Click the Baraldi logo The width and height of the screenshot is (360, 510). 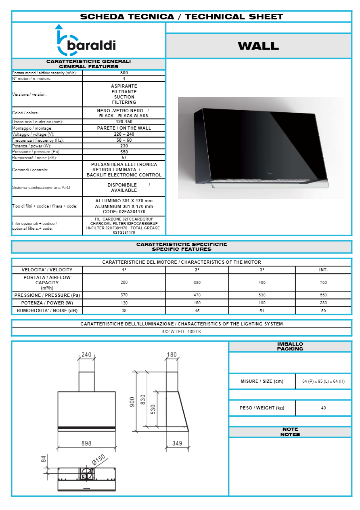tap(86, 40)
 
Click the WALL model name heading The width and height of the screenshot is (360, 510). tap(258, 46)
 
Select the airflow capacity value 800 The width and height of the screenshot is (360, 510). tap(124, 73)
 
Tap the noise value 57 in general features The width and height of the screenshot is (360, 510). tap(124, 158)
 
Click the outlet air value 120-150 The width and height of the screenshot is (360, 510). tap(124, 122)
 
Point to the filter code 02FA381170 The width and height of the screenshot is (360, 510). tap(124, 212)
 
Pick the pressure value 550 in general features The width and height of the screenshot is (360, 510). tap(124, 152)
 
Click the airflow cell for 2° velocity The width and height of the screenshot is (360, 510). tap(197, 283)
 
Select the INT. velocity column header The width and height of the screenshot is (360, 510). tap(323, 270)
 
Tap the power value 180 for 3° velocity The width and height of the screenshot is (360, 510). tap(262, 303)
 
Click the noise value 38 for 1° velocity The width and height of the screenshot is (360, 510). tap(124, 311)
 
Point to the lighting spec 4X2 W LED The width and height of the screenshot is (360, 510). tap(181, 332)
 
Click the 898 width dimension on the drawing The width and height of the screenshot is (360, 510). tap(86, 443)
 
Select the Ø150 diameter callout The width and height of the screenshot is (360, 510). tap(98, 459)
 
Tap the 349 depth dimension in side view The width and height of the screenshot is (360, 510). tap(177, 443)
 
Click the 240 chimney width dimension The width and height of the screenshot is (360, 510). tap(86, 355)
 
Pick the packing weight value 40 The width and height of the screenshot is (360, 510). tap(323, 408)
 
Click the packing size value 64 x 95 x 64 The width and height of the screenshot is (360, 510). tap(323, 382)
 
